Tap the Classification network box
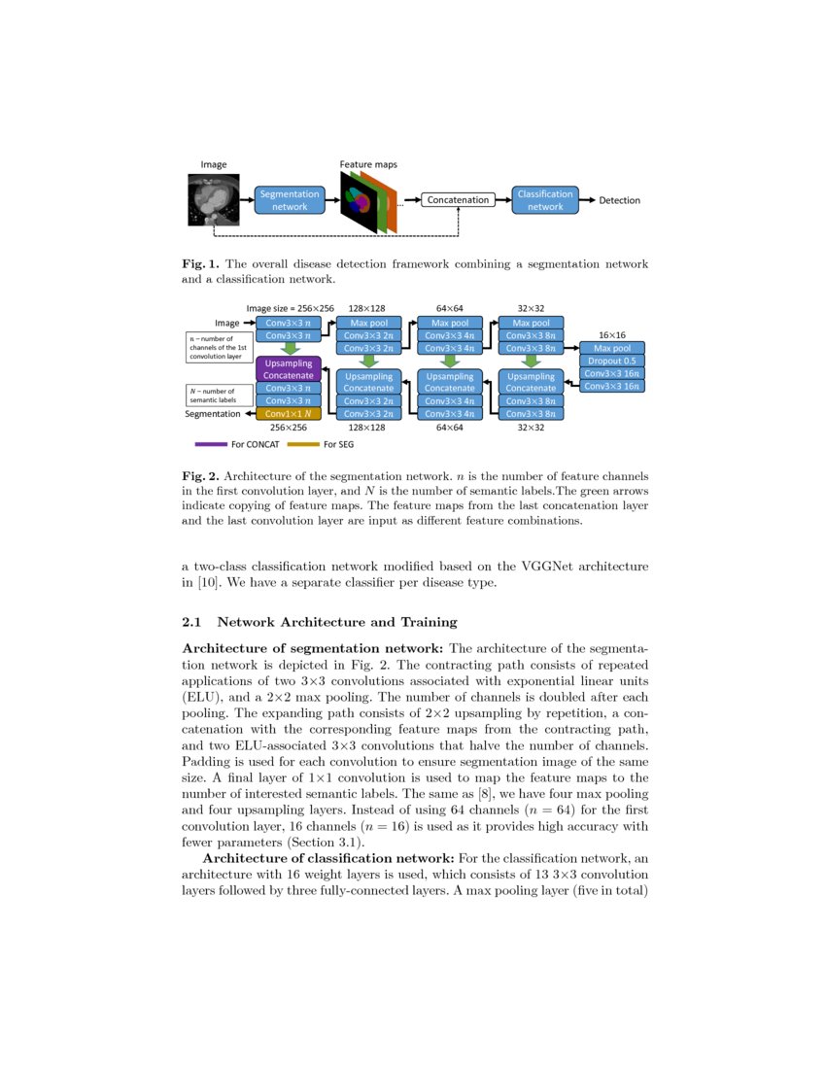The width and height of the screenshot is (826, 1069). point(545,200)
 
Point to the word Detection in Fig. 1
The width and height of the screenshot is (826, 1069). point(619,200)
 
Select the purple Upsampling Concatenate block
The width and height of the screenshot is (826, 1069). point(289,369)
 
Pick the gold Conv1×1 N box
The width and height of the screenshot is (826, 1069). point(289,413)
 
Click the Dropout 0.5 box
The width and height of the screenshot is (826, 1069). point(612,361)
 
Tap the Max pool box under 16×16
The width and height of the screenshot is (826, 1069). point(612,348)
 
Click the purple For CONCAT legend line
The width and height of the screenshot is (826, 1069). point(210,445)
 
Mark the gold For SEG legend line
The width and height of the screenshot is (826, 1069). point(302,445)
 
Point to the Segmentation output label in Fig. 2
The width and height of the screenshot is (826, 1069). point(213,413)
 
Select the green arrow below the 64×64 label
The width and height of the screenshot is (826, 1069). point(450,360)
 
